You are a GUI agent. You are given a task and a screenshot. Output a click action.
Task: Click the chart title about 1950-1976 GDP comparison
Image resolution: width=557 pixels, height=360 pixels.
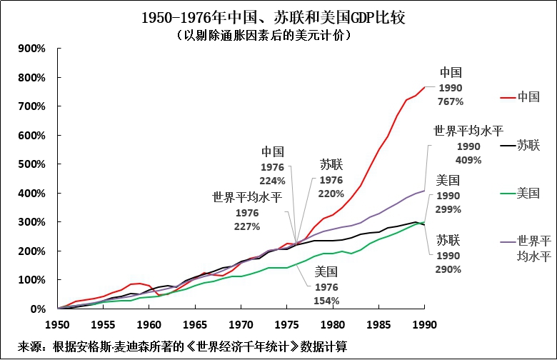pyautogui.click(x=278, y=16)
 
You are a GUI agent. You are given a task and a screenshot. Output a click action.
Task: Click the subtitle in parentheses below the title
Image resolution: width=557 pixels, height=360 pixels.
pyautogui.click(x=278, y=34)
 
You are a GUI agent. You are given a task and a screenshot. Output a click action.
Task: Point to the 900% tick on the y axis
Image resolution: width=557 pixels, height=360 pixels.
pyautogui.click(x=32, y=49)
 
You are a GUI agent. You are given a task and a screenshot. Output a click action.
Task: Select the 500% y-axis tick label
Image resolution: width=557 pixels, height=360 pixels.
pyautogui.click(x=32, y=164)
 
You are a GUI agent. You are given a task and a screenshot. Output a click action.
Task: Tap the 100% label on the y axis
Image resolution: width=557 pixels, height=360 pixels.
pyautogui.click(x=32, y=280)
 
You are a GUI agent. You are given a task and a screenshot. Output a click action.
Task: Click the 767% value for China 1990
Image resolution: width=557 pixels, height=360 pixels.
pyautogui.click(x=451, y=101)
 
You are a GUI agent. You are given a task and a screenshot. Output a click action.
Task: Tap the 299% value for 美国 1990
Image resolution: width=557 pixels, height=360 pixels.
pyautogui.click(x=448, y=209)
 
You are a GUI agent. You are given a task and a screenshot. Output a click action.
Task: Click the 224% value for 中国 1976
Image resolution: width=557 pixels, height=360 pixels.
pyautogui.click(x=273, y=181)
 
